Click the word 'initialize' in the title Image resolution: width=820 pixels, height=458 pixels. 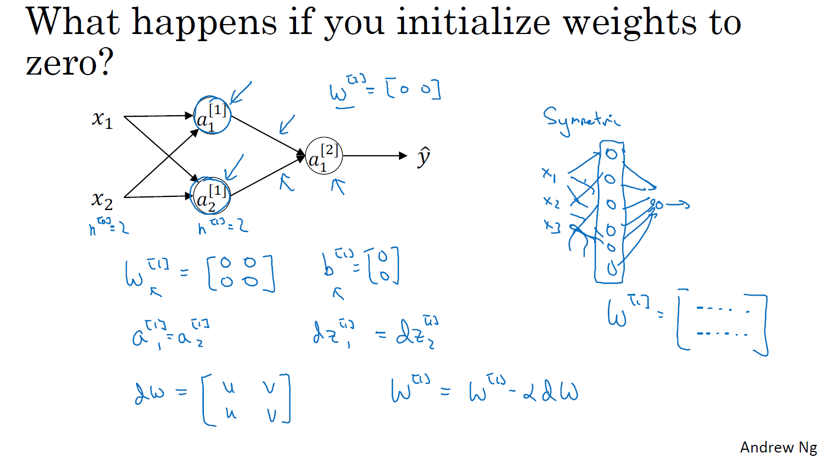473,23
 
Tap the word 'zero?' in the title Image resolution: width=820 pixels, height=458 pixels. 69,63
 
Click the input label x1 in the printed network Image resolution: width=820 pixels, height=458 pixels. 102,118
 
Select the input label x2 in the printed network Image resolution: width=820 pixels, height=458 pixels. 102,199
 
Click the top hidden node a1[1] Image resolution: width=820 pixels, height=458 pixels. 212,116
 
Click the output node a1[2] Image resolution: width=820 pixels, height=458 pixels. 323,156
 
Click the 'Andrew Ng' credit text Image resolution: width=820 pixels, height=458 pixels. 778,448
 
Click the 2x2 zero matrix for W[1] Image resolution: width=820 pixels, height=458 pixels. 241,273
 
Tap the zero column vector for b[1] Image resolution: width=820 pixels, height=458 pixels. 384,265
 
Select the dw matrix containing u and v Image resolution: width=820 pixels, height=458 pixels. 246,399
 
